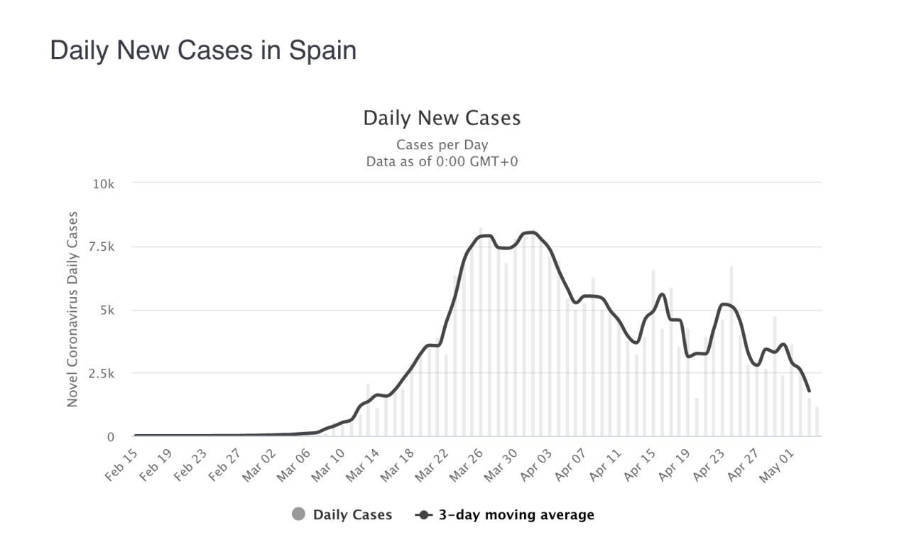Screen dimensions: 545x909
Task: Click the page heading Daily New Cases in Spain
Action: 203,50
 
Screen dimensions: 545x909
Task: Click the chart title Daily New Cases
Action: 442,118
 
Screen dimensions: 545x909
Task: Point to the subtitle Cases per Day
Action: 442,145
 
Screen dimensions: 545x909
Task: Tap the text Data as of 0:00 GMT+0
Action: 442,161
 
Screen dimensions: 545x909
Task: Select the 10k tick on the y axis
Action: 103,184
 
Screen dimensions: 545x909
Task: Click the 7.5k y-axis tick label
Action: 101,247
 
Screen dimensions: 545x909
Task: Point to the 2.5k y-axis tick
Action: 101,373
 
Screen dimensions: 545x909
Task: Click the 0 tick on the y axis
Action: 110,437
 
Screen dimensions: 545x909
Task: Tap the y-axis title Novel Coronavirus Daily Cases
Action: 72,309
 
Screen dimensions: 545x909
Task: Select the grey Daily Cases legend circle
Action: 299,514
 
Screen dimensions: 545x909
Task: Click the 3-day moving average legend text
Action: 516,514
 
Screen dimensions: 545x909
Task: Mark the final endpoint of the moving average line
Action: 809,391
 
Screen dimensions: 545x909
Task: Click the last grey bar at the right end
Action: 817,422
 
